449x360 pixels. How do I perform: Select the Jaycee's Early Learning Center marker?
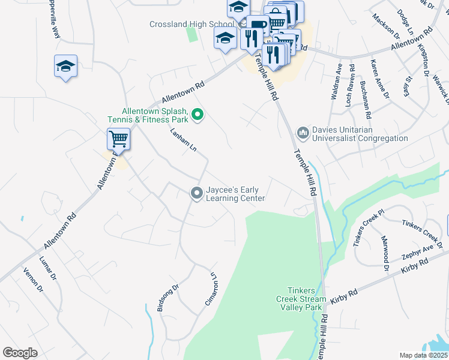(196, 193)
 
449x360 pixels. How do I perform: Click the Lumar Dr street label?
(48, 269)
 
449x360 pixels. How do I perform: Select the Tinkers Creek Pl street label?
(369, 228)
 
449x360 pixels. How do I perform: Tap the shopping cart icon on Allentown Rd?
(118, 139)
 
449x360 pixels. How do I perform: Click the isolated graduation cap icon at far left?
(65, 67)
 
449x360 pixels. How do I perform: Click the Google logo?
(20, 353)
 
